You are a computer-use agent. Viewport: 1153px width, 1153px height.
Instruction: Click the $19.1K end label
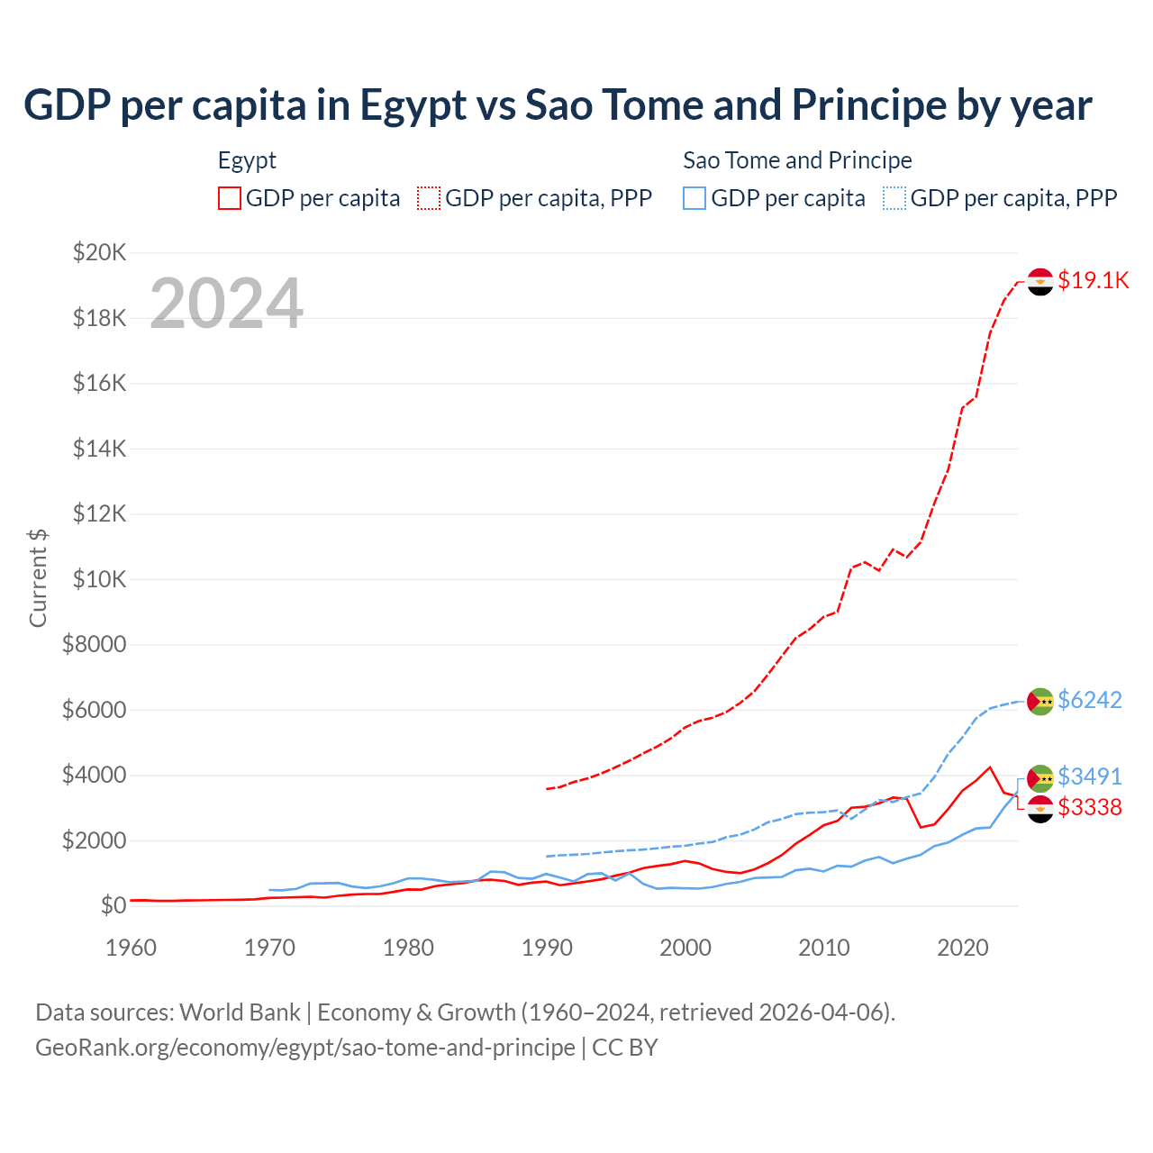(x=1093, y=280)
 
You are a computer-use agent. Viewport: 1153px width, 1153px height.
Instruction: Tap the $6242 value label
(x=1089, y=700)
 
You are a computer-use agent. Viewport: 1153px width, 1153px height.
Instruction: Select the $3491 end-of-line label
(x=1089, y=776)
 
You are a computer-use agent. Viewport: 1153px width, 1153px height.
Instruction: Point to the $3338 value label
(x=1089, y=807)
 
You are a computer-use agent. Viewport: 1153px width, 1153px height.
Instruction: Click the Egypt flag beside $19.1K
(x=1040, y=282)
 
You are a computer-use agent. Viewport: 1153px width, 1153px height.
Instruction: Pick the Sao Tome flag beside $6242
(x=1040, y=701)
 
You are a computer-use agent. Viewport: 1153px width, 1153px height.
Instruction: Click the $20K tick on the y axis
(x=100, y=252)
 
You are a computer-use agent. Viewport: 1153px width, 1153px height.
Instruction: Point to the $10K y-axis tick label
(x=100, y=579)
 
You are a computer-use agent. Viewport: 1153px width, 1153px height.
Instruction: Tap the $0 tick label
(x=113, y=905)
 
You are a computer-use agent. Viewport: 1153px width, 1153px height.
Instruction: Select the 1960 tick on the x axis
(x=132, y=948)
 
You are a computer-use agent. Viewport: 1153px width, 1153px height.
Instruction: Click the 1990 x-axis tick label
(x=548, y=948)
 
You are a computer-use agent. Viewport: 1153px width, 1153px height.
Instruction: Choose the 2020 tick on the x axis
(x=963, y=948)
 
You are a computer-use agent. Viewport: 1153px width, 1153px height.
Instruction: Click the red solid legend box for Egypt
(x=230, y=198)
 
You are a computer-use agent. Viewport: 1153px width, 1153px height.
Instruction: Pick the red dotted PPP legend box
(x=429, y=198)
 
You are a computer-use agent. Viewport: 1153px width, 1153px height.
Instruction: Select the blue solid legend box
(x=695, y=198)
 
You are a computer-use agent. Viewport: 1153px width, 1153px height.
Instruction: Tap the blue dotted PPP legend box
(x=894, y=198)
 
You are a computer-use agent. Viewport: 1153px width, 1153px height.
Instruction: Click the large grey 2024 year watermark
(x=226, y=304)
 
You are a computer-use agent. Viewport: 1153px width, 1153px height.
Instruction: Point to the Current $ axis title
(x=38, y=578)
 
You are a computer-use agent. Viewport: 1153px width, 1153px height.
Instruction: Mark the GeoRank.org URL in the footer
(x=305, y=1048)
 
